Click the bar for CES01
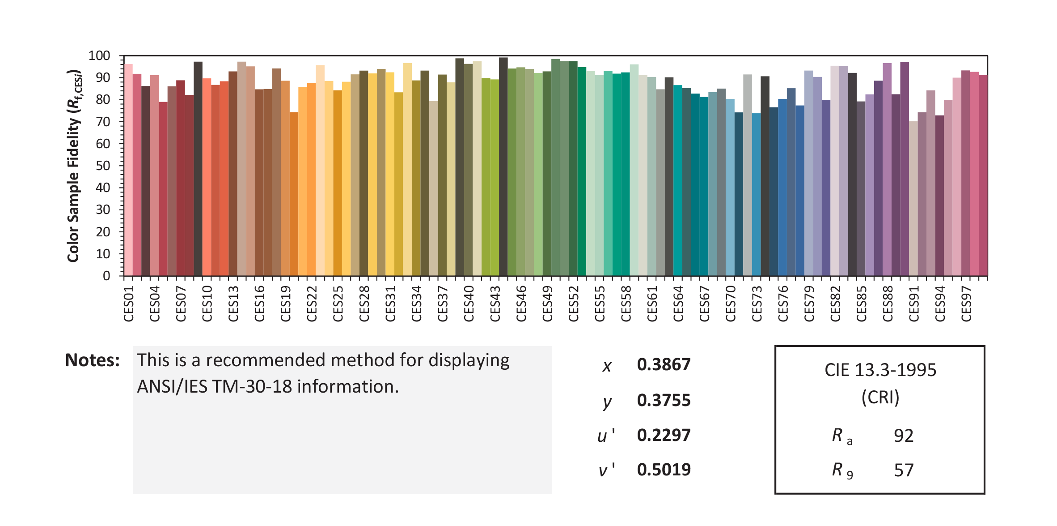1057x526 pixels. (x=128, y=170)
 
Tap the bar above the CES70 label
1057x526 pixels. (x=730, y=188)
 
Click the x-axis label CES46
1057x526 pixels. (x=521, y=304)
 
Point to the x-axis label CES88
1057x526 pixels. (x=888, y=304)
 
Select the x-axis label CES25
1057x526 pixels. (x=338, y=304)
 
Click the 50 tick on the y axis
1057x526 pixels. (x=103, y=166)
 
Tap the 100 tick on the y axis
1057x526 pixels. (x=99, y=56)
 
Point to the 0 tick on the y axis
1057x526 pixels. (x=106, y=276)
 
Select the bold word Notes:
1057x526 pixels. (x=93, y=360)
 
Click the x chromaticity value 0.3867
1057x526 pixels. (x=664, y=365)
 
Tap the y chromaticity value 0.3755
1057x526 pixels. (x=664, y=400)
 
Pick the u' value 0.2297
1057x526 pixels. (x=664, y=435)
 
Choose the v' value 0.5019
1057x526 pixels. (x=664, y=470)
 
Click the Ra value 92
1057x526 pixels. (x=904, y=436)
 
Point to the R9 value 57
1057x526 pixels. (x=904, y=470)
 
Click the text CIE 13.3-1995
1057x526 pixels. (x=880, y=370)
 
